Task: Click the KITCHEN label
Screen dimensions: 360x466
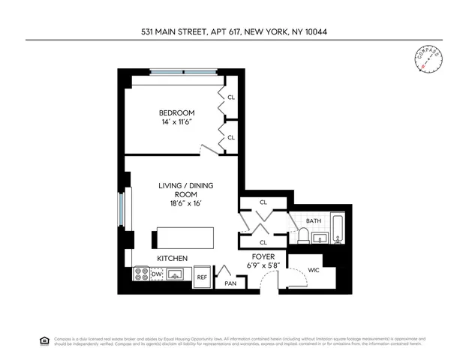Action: (x=172, y=259)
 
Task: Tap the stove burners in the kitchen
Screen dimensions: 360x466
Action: (x=140, y=275)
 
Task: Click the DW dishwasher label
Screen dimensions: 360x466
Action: (x=157, y=275)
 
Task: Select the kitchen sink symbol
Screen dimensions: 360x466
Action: (x=176, y=275)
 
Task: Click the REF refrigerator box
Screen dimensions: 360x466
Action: (x=202, y=277)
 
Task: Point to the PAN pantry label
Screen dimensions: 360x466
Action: (x=231, y=283)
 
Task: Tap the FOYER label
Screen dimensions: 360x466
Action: (x=262, y=256)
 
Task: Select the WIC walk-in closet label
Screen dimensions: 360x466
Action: (x=314, y=270)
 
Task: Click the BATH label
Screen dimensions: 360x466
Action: (x=313, y=220)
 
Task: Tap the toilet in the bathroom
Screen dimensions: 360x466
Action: (x=302, y=236)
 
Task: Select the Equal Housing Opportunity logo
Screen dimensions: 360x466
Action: (x=44, y=340)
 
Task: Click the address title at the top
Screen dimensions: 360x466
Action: (x=233, y=31)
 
